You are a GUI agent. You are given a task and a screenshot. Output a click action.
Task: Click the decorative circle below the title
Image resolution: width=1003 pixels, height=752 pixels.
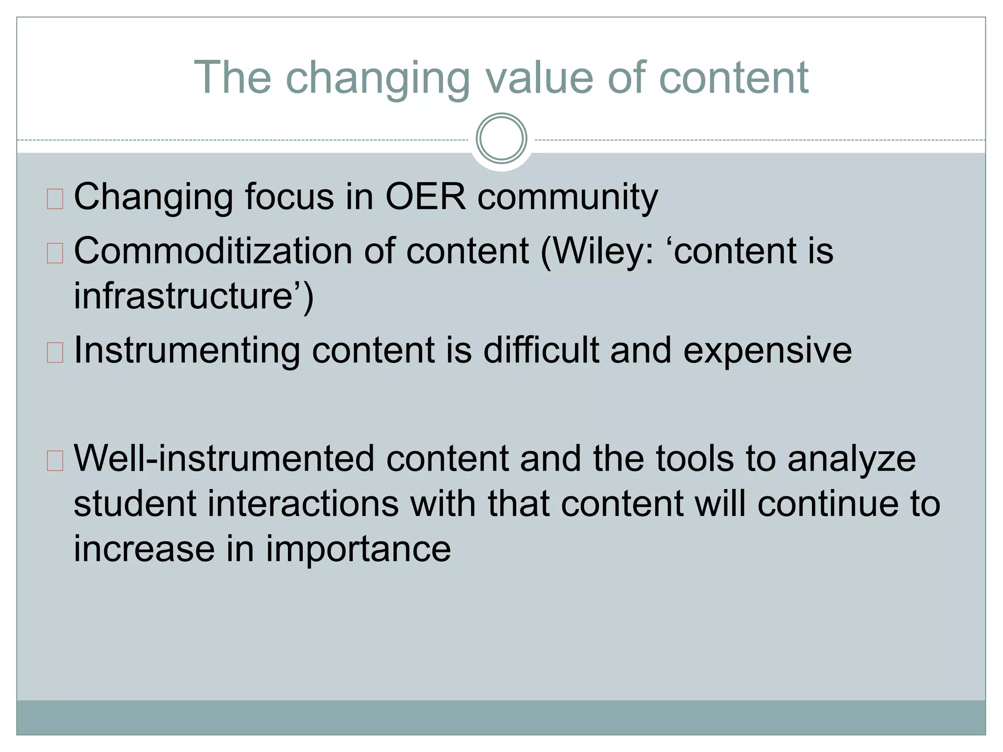(x=501, y=139)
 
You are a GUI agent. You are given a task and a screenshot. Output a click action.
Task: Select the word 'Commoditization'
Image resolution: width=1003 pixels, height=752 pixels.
(x=213, y=251)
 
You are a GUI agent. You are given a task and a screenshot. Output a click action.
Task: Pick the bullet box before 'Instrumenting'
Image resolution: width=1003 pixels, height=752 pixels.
(x=55, y=352)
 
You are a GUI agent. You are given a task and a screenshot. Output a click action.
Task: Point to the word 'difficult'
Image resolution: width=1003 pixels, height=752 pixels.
(x=541, y=351)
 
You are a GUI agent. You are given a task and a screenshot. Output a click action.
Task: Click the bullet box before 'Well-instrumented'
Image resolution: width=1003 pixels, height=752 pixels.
(x=55, y=461)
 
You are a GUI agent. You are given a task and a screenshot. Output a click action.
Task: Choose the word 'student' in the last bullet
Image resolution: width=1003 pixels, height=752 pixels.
(x=135, y=504)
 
